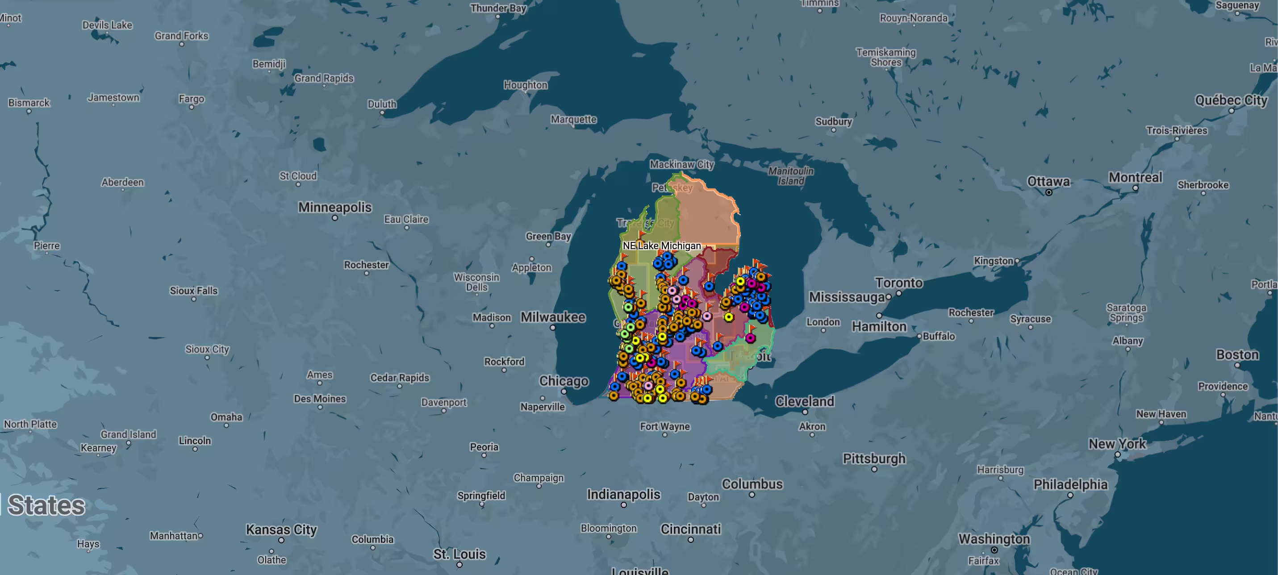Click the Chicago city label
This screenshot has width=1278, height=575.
point(564,381)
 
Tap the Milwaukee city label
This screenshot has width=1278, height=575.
point(553,317)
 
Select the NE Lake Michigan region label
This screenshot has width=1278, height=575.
point(661,246)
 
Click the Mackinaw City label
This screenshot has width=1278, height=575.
point(682,164)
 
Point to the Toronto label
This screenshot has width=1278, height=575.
point(898,283)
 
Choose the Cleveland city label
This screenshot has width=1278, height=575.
point(804,401)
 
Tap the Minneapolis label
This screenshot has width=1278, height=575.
point(334,208)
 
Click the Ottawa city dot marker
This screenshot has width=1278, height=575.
point(1048,192)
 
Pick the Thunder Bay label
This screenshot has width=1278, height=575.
point(497,8)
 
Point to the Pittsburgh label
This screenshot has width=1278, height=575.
point(874,458)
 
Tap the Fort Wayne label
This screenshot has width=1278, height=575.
point(664,426)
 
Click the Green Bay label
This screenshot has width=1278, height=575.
point(548,236)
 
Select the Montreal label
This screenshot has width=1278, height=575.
point(1135,178)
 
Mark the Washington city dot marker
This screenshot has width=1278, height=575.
point(994,550)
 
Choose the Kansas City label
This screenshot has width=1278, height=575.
point(281,529)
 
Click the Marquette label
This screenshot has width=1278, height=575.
point(573,119)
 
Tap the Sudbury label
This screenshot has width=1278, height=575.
point(834,121)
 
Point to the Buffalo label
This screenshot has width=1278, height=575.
point(938,336)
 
